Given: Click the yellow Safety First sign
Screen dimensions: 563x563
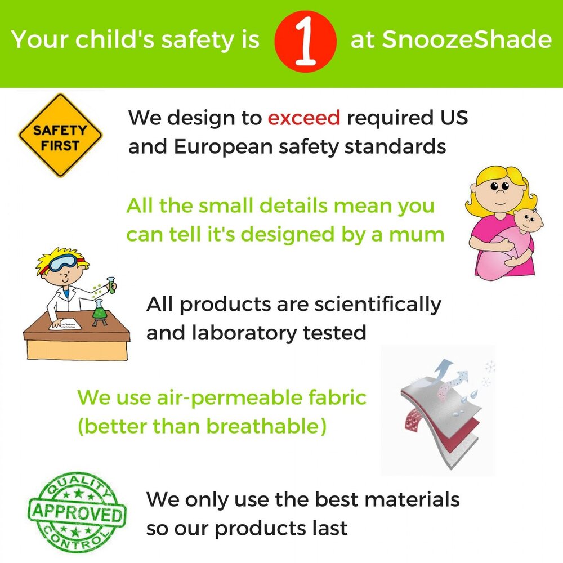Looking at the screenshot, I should point(60,136).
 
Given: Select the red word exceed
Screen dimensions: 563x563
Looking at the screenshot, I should point(304,118).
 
